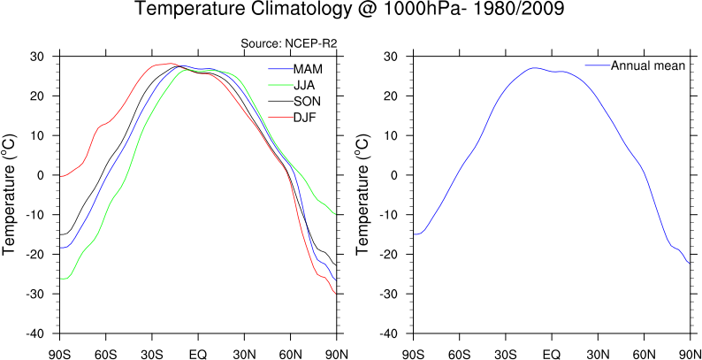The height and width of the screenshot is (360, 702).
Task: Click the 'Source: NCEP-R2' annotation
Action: coord(289,43)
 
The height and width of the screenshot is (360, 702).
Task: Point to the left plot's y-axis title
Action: coord(11,195)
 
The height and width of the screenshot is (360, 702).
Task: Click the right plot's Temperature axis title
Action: coord(364,195)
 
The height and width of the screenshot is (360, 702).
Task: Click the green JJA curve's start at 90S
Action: coord(60,279)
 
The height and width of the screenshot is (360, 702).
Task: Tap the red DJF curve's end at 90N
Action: coord(336,293)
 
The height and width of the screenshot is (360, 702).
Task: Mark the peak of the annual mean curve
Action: coord(533,67)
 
